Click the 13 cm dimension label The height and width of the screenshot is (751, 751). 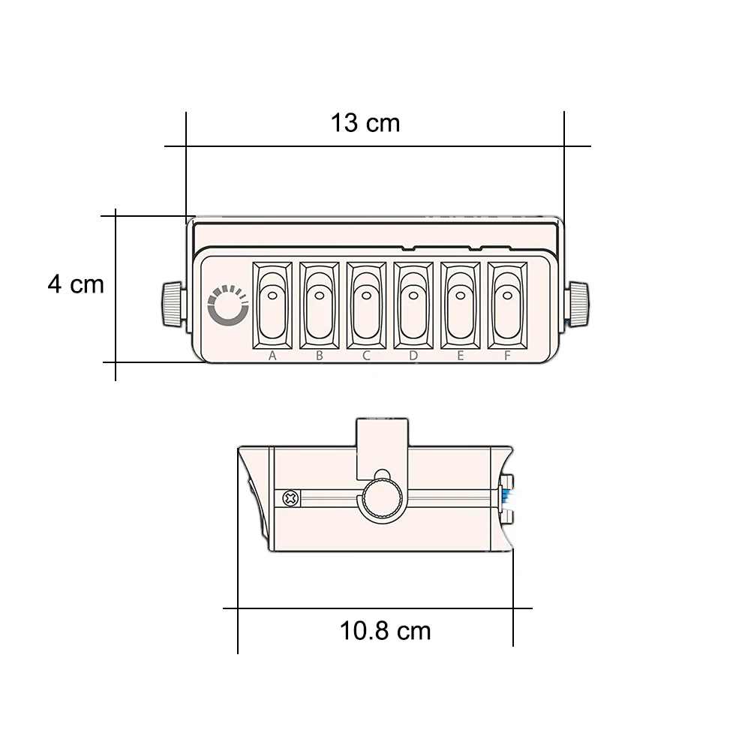365,123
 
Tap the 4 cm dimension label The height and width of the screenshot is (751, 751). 76,284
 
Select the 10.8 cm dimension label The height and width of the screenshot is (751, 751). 385,630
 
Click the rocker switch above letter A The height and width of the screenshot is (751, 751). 272,305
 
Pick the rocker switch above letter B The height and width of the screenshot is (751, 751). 319,305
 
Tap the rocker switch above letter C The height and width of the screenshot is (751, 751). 366,305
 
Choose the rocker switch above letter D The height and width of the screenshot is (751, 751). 413,305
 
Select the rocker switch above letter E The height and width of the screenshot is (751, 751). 460,305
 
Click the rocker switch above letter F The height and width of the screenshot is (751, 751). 507,305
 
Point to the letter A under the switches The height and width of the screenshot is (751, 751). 272,356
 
